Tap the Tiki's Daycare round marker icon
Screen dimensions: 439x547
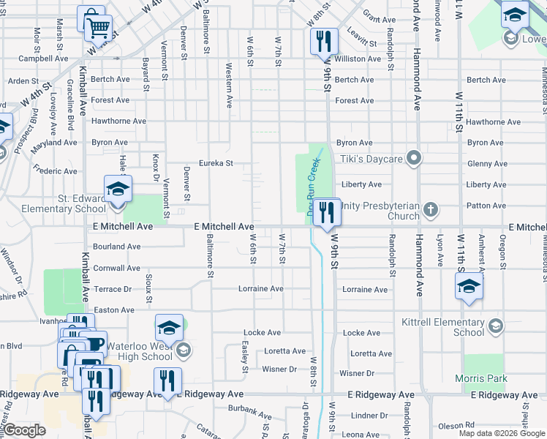coord(414,158)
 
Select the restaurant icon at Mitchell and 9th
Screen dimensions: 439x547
coord(327,211)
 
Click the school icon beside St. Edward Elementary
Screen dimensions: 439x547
coord(118,190)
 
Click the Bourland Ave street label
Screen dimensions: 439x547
coord(117,247)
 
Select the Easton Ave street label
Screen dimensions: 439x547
coord(114,310)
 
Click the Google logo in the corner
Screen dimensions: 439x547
coord(24,430)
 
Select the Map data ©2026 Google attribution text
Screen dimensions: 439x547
coord(502,433)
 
